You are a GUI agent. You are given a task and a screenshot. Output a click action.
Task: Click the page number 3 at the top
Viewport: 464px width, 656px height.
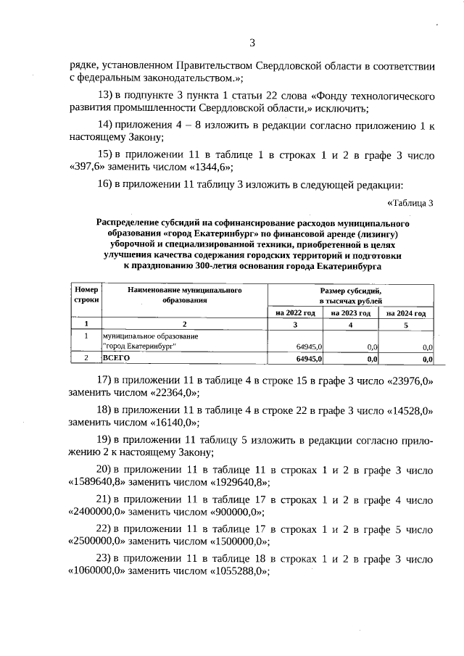[x=252, y=43]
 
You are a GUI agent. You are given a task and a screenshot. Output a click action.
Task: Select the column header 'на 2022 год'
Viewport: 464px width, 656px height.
[x=295, y=312]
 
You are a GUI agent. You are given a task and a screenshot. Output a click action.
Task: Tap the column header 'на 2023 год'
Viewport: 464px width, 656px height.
[x=351, y=312]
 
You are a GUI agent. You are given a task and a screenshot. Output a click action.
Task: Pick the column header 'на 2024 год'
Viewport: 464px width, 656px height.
[x=406, y=312]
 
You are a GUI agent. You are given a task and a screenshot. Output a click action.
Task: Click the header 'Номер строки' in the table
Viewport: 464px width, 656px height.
[x=86, y=294]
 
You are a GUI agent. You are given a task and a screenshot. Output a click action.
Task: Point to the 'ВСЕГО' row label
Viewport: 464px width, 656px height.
[x=116, y=358]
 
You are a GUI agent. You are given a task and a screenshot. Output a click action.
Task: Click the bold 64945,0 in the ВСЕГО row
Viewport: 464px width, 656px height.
[x=310, y=358]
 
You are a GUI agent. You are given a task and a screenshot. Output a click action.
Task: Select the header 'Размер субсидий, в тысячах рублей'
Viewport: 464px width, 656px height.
[x=351, y=294]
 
